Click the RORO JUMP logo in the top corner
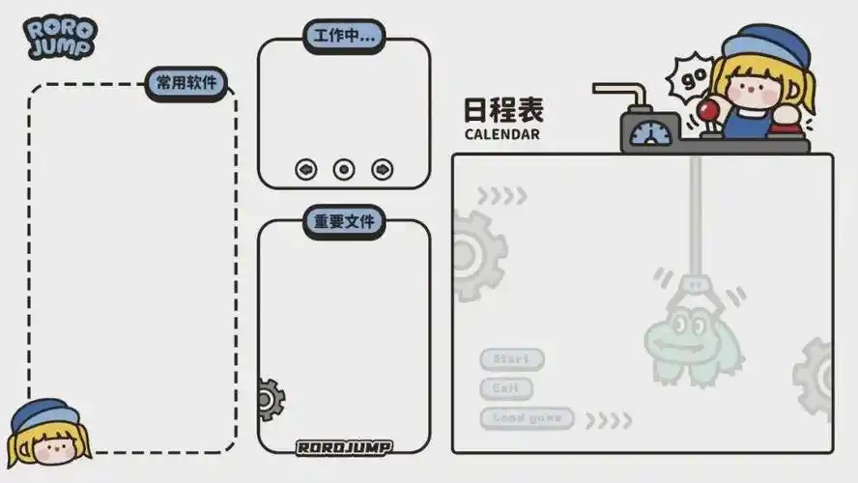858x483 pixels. point(60,37)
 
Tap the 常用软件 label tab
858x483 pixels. point(187,83)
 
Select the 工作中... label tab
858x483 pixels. point(344,37)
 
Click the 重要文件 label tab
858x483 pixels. point(344,221)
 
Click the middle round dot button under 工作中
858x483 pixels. point(344,169)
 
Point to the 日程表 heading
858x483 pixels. point(503,109)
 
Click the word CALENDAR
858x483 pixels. point(501,134)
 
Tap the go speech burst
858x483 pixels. point(692,76)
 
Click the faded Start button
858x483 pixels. point(512,359)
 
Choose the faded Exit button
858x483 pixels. point(506,389)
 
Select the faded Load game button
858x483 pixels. point(527,418)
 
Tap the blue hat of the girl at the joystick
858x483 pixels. point(767,43)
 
